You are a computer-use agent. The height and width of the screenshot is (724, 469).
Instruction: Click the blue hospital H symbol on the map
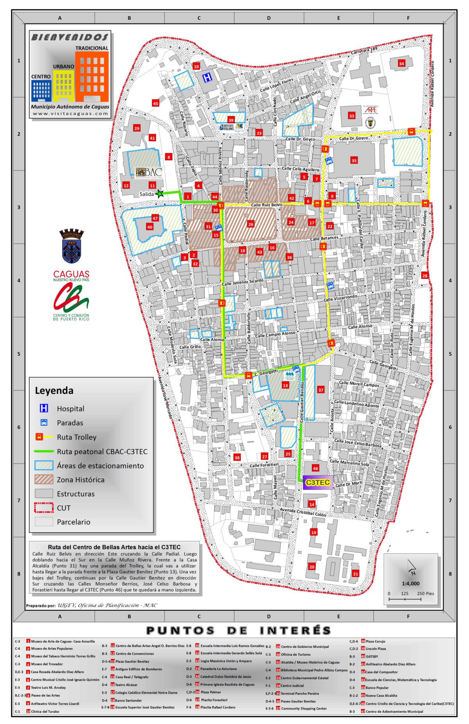click(208, 77)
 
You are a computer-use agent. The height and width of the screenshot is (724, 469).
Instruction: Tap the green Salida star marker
click(159, 193)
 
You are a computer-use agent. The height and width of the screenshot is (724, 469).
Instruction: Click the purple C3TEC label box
click(317, 482)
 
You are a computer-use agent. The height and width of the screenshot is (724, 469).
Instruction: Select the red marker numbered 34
click(401, 63)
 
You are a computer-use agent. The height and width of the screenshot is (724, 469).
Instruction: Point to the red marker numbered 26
click(251, 224)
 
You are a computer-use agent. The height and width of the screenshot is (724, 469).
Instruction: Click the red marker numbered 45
click(156, 103)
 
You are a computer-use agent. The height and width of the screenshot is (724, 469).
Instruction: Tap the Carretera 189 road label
click(364, 51)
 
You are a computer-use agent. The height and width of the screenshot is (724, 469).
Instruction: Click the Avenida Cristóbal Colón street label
click(303, 512)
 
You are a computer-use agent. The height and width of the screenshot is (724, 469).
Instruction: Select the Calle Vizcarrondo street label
click(340, 298)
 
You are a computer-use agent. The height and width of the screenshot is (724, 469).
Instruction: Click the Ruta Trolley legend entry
click(76, 437)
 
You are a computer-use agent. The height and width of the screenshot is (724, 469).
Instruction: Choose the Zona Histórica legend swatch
click(44, 479)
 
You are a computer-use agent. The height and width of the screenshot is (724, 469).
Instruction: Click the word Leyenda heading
click(54, 390)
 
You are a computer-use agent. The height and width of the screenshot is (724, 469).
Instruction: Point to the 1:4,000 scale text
click(410, 583)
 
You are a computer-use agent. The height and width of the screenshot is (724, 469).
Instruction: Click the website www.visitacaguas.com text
click(70, 114)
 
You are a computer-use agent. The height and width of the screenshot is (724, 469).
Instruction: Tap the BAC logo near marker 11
click(149, 172)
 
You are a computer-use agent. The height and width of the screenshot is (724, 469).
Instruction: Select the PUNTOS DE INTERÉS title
click(238, 630)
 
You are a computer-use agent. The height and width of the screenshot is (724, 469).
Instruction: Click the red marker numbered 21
click(355, 573)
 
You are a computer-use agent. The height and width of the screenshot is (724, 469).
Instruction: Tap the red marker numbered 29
click(136, 128)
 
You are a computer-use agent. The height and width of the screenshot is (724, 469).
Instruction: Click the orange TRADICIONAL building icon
click(92, 76)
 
